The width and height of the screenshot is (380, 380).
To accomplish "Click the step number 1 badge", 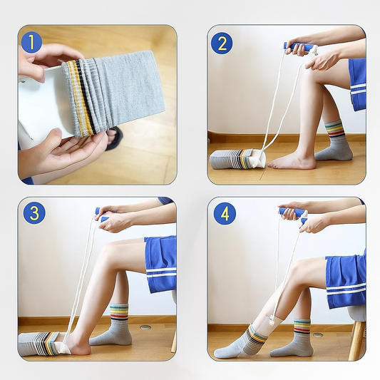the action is point(32,42).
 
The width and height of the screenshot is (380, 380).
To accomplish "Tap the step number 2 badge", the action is point(222,43).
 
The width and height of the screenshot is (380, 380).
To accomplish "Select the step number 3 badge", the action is point(34,212).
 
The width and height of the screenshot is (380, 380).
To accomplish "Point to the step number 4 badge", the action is point(225,214).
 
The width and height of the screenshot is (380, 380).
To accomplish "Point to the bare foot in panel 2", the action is point(291,162).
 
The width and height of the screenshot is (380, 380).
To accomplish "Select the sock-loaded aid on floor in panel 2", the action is point(238,160).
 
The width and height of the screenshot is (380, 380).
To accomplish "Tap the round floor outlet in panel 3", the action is point(145,327).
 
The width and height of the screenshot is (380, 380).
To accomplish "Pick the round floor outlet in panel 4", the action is point(317,335).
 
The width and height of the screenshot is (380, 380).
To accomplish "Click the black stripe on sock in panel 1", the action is point(85,96).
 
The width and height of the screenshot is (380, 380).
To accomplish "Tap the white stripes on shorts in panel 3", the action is point(161,272).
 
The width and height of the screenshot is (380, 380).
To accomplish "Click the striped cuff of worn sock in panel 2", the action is point(334,130).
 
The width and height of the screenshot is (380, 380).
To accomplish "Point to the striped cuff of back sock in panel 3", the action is point(119,312).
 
